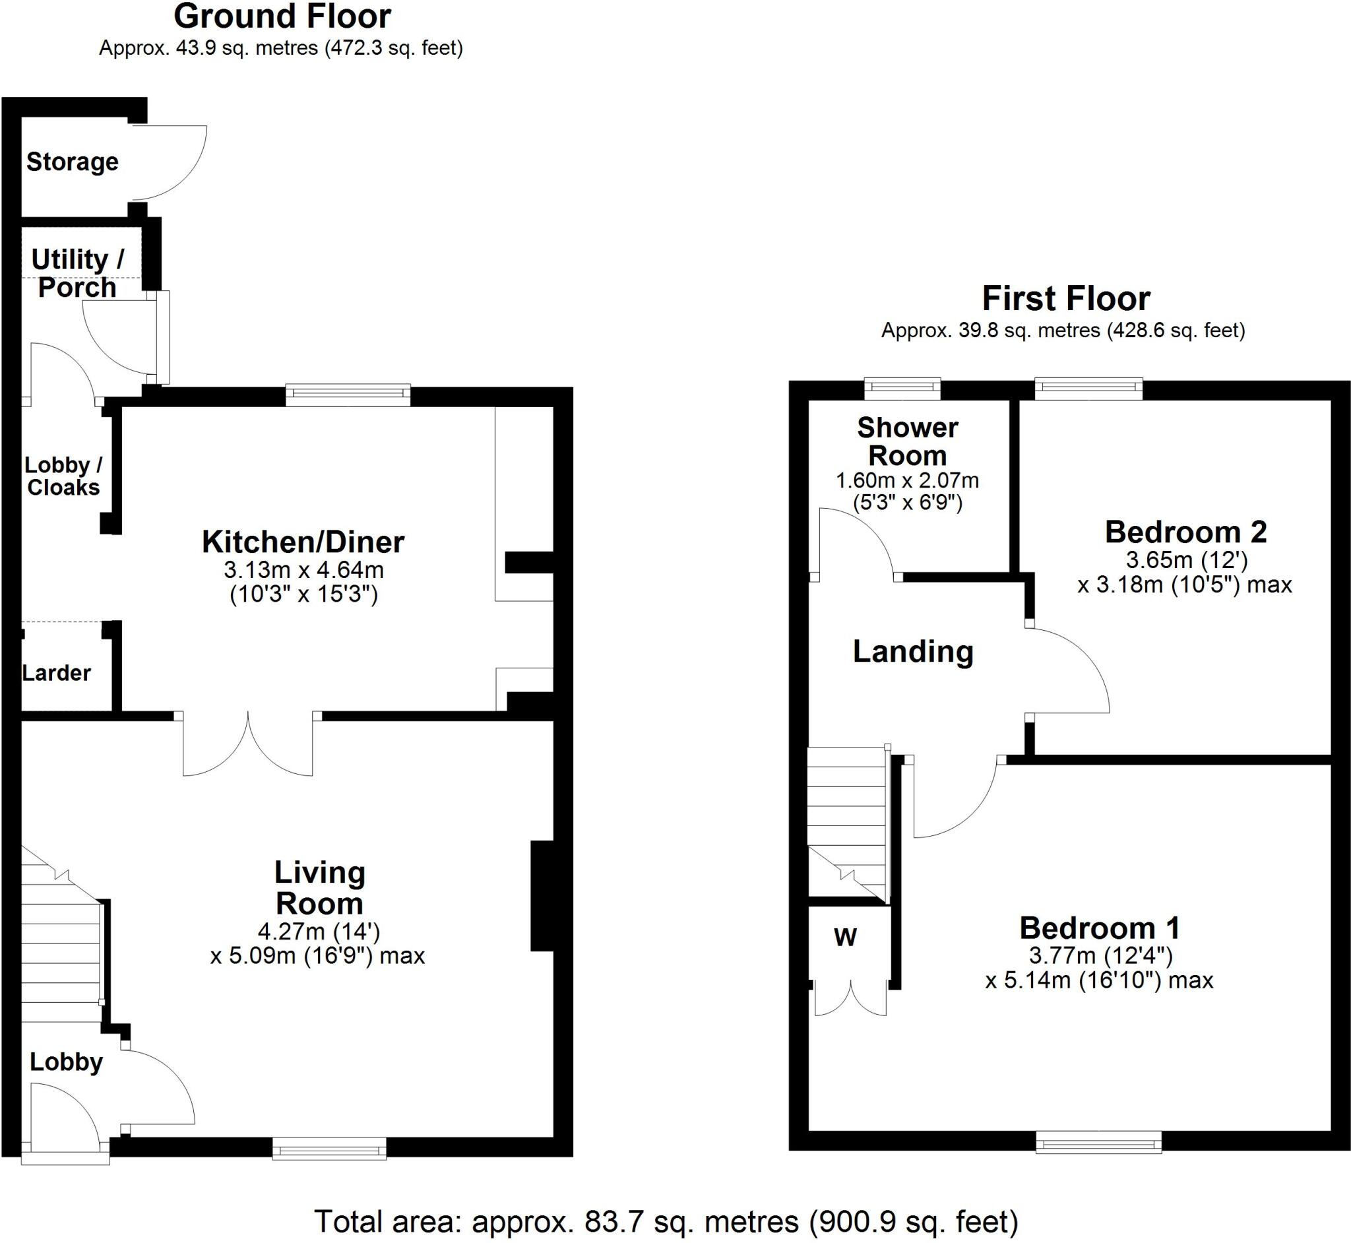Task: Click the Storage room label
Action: (72, 162)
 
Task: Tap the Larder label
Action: (56, 672)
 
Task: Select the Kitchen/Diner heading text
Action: (303, 542)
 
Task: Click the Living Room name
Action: (319, 888)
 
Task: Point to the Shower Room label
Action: (907, 442)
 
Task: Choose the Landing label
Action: (912, 651)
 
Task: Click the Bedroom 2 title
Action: (1185, 532)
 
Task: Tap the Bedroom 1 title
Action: (1100, 928)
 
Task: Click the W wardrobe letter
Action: (845, 937)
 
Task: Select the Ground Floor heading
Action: (282, 16)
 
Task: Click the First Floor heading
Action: (1066, 299)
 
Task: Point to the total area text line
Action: (666, 1221)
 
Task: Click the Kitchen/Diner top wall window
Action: (348, 395)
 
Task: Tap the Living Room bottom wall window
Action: (330, 1148)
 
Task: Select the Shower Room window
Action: (902, 388)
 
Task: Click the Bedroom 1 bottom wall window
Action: (1098, 1142)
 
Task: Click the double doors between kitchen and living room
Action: (247, 744)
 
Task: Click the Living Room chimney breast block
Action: (542, 895)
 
